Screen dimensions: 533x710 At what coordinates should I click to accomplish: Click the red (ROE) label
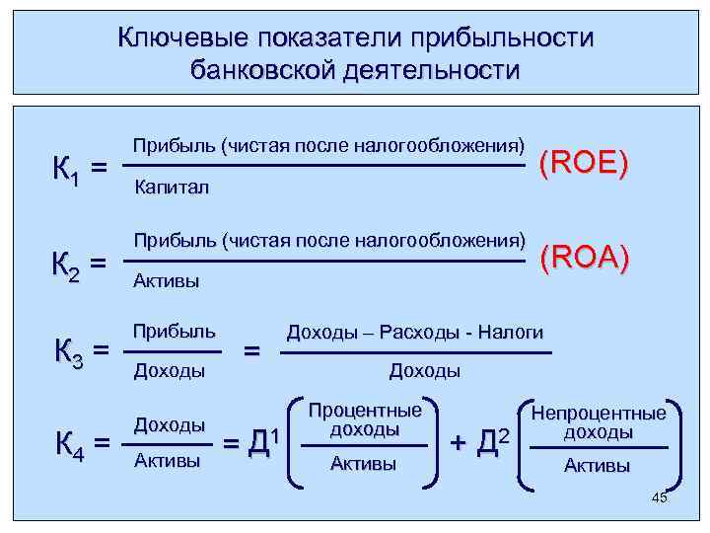pos(584,163)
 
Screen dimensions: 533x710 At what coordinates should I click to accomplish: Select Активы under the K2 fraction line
pos(166,282)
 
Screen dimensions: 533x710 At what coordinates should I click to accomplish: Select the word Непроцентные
pos(599,414)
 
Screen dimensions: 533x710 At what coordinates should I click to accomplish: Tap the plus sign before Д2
pos(459,441)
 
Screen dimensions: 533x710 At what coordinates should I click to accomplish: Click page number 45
pos(660,497)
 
